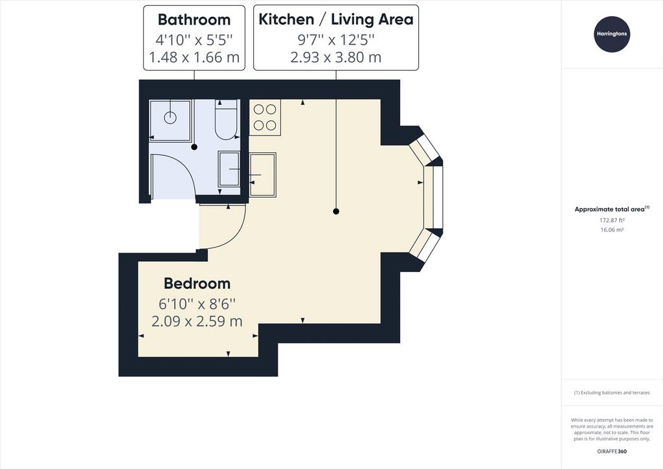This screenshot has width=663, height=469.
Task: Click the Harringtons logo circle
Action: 612,34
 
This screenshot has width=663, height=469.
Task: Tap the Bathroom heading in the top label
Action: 194,19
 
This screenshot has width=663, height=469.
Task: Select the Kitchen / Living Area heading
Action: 336,19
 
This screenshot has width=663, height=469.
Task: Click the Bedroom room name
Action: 197,283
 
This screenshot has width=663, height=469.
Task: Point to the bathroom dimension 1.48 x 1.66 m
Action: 194,56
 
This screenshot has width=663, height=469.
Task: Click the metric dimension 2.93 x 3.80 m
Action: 336,56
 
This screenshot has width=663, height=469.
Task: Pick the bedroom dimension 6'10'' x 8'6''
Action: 197,303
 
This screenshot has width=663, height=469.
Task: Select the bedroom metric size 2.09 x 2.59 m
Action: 197,321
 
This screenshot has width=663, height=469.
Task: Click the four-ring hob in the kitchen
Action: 265,117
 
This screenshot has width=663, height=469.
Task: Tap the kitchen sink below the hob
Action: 263,175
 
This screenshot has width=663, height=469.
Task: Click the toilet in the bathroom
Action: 227,119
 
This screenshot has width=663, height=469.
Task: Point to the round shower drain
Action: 170,117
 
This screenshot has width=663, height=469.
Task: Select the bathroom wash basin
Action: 229,169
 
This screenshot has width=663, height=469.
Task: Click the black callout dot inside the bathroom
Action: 194,147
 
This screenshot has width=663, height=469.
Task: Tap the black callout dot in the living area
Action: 336,211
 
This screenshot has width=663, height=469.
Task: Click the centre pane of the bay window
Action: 433,198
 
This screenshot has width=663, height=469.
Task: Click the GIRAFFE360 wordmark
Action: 612,452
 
